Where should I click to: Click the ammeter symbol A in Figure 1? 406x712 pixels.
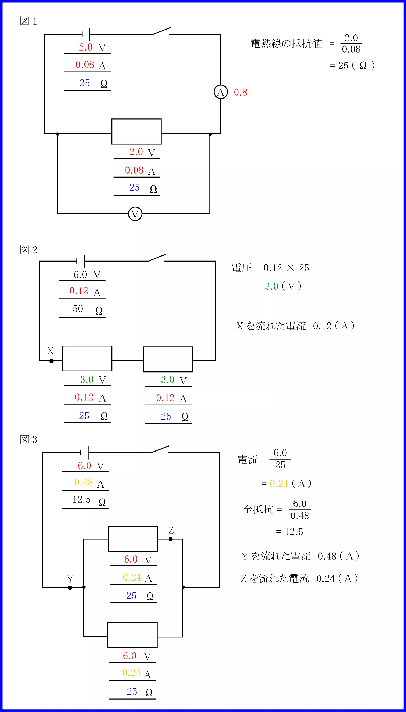221,92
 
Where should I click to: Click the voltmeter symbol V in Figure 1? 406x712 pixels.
135,214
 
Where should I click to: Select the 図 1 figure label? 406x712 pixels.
28,21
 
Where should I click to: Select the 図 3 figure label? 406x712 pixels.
28,439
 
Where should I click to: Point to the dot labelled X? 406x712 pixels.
51,361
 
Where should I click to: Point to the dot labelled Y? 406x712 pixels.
70,587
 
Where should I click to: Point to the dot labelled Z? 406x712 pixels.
171,539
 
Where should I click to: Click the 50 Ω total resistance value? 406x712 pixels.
78,309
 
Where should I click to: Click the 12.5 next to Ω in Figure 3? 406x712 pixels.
81,499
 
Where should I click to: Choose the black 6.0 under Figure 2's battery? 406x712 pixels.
80,275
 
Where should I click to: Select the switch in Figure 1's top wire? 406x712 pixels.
162,31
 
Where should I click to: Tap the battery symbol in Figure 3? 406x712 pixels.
84,452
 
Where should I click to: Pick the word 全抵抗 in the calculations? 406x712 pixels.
258,510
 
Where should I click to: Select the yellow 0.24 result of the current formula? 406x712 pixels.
279,484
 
